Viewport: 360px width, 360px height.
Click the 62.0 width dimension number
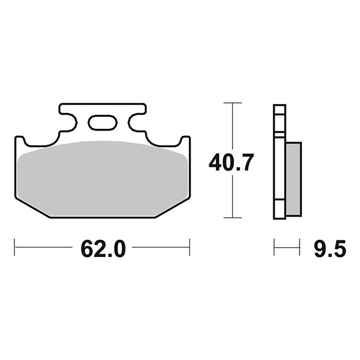(103, 248)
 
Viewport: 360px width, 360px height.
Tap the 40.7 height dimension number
(231, 162)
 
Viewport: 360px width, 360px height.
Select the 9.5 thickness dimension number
(330, 248)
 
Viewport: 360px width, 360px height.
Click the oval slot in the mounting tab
(102, 122)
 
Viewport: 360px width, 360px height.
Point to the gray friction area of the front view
(102, 179)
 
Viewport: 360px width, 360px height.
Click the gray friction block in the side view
(294, 179)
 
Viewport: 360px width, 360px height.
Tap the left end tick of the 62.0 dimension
(15, 247)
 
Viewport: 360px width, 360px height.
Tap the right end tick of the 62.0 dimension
(189, 247)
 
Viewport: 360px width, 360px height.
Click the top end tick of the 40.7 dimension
(233, 103)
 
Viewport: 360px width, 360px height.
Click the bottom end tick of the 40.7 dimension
(233, 218)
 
